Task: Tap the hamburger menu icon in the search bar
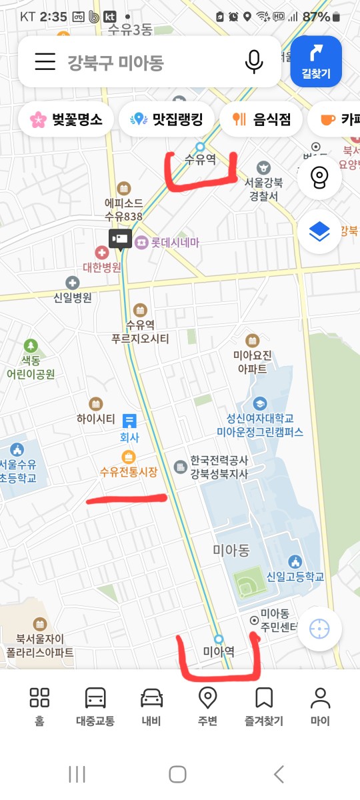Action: (45, 62)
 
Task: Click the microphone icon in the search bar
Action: (253, 62)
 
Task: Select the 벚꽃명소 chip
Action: (66, 120)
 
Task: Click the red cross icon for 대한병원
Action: (102, 253)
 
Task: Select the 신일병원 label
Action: (73, 297)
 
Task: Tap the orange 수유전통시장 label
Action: (129, 472)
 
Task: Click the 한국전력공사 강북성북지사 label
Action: (219, 467)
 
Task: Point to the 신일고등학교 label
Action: (295, 577)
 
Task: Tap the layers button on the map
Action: (319, 231)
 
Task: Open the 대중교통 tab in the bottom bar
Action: (95, 707)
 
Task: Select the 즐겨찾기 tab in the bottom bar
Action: (264, 707)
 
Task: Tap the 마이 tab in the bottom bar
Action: (320, 707)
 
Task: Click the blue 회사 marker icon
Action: (129, 421)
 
